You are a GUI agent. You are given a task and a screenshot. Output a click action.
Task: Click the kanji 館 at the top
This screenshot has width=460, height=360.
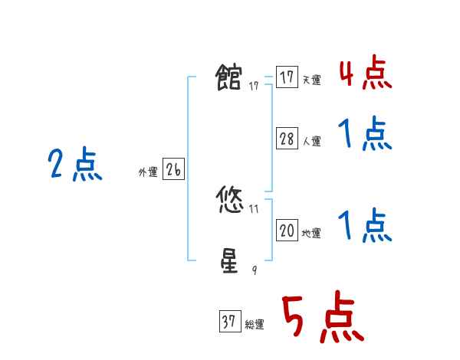(x=229, y=78)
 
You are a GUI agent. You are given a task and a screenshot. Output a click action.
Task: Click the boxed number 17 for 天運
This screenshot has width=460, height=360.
(x=287, y=77)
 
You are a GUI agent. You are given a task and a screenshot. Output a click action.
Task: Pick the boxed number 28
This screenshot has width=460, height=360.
(x=287, y=139)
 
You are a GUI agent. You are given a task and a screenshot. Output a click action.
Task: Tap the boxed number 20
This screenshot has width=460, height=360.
(x=287, y=231)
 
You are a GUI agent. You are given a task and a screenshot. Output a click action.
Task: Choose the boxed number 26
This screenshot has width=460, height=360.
(x=173, y=170)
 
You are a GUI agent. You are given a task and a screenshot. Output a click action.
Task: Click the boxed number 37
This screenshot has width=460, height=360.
(x=228, y=322)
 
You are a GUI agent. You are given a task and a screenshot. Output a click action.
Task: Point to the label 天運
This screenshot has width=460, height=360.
(x=311, y=80)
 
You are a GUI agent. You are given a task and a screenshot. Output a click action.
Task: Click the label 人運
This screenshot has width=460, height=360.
(x=311, y=142)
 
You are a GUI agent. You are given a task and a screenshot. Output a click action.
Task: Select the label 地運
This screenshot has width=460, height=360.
(x=311, y=234)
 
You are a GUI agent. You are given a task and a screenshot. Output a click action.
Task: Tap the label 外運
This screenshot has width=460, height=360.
(x=148, y=173)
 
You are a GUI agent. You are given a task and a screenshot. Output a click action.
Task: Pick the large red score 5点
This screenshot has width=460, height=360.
(x=321, y=319)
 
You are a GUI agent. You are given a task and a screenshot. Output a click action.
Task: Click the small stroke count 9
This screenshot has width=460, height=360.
(x=255, y=270)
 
